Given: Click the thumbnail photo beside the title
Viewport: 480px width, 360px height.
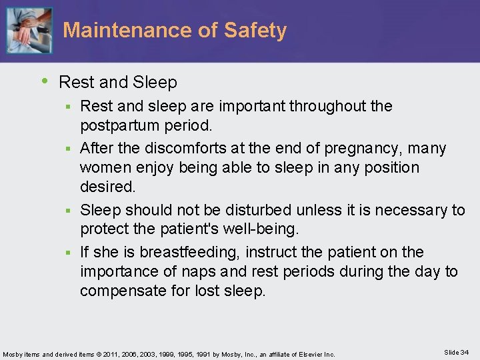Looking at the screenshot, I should (29, 31).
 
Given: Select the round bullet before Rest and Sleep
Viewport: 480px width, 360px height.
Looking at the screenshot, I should (45, 81).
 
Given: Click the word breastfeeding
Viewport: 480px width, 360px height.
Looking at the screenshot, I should (192, 252).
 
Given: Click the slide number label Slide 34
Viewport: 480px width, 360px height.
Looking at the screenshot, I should (455, 352).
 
